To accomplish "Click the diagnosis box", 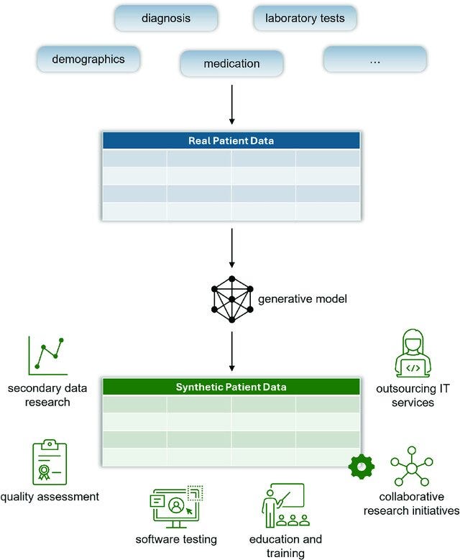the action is point(166,18).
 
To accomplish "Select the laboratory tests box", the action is point(305,18).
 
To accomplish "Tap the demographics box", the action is point(88,59).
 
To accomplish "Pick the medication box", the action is point(231,63).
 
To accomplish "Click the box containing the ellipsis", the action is point(375,59).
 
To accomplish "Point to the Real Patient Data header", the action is point(231,140).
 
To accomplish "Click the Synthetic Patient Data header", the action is point(231,387).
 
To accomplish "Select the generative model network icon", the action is point(232,299).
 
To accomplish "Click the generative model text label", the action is point(302,299).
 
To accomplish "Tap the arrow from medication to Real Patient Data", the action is point(231,105).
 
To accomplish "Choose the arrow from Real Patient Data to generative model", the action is point(231,248).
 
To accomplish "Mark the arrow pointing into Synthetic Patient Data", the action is point(231,352).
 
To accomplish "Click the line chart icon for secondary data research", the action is point(48,355).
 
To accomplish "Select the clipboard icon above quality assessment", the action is point(50,462).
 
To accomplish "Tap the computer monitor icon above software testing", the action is point(176,507).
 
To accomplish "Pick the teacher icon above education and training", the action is point(285,505).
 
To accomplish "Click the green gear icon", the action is point(362,467).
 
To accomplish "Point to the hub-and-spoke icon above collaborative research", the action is point(412,467).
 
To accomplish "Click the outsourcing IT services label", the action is point(413,395).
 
